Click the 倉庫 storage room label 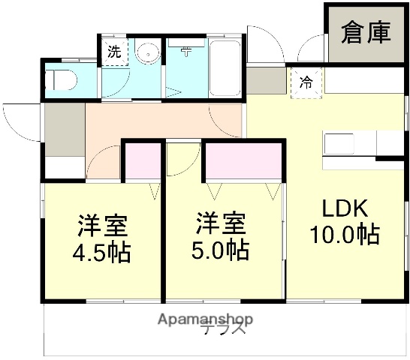tap(366, 33)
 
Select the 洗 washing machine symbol tap(114, 53)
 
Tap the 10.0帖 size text tap(345, 234)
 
